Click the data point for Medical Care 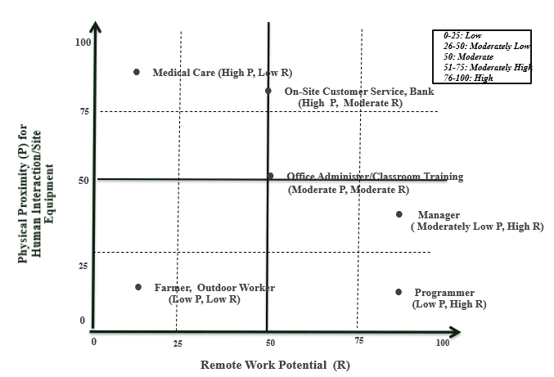[137, 72]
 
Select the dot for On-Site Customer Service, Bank [268, 91]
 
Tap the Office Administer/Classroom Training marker [270, 176]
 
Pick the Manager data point [399, 214]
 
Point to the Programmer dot [399, 292]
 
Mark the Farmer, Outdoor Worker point [137, 287]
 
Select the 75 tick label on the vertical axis [83, 111]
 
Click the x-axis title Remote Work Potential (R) [275, 365]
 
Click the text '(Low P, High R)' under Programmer [449, 304]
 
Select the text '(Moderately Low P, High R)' [477, 227]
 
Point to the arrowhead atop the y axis [96, 28]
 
